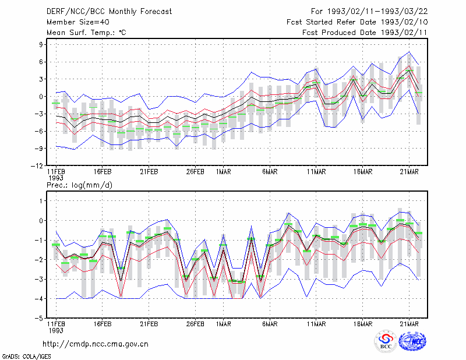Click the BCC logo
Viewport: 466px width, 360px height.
386,341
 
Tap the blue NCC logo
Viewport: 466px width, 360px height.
412,341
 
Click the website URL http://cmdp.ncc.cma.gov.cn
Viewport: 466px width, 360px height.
96,344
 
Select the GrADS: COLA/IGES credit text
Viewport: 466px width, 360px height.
26,357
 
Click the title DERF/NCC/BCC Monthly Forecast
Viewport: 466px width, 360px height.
109,12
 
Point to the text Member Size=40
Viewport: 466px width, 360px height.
78,22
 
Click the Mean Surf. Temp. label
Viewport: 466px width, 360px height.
86,33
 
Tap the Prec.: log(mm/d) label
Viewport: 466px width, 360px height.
79,185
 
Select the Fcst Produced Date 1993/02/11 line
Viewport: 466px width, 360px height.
365,33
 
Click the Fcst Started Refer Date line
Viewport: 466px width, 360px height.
357,22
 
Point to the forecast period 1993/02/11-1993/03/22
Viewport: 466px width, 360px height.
377,12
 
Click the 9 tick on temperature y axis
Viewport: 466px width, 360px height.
41,45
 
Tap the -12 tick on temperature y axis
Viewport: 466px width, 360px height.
37,166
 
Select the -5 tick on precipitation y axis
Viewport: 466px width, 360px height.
39,319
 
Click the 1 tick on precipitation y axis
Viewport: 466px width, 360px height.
41,201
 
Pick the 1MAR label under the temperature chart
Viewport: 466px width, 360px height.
224,172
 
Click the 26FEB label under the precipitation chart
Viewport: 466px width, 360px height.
195,324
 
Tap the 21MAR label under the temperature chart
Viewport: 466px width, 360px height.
409,172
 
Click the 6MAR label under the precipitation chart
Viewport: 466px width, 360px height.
270,324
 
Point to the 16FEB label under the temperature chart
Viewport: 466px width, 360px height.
103,172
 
